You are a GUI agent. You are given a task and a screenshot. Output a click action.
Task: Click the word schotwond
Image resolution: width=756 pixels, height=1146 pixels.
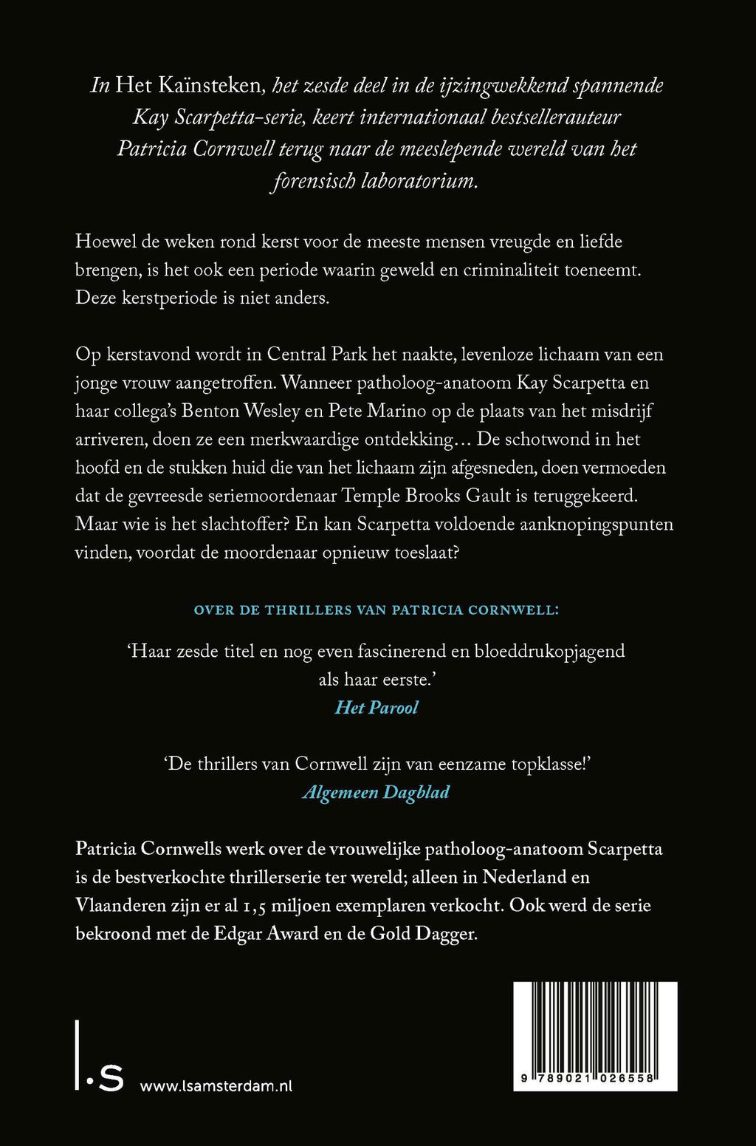pyautogui.click(x=565, y=439)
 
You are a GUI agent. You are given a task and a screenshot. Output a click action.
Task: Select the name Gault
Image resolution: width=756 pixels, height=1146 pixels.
pyautogui.click(x=488, y=496)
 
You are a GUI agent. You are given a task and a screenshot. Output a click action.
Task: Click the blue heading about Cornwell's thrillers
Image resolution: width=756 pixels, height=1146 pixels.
pyautogui.click(x=377, y=610)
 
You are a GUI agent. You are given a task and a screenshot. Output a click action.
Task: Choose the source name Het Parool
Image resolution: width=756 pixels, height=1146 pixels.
pyautogui.click(x=377, y=708)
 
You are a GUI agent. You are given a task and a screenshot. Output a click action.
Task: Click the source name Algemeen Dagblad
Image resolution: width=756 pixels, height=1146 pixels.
pyautogui.click(x=377, y=792)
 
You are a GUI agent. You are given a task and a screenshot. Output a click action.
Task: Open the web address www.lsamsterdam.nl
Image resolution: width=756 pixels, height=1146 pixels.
pyautogui.click(x=216, y=1086)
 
